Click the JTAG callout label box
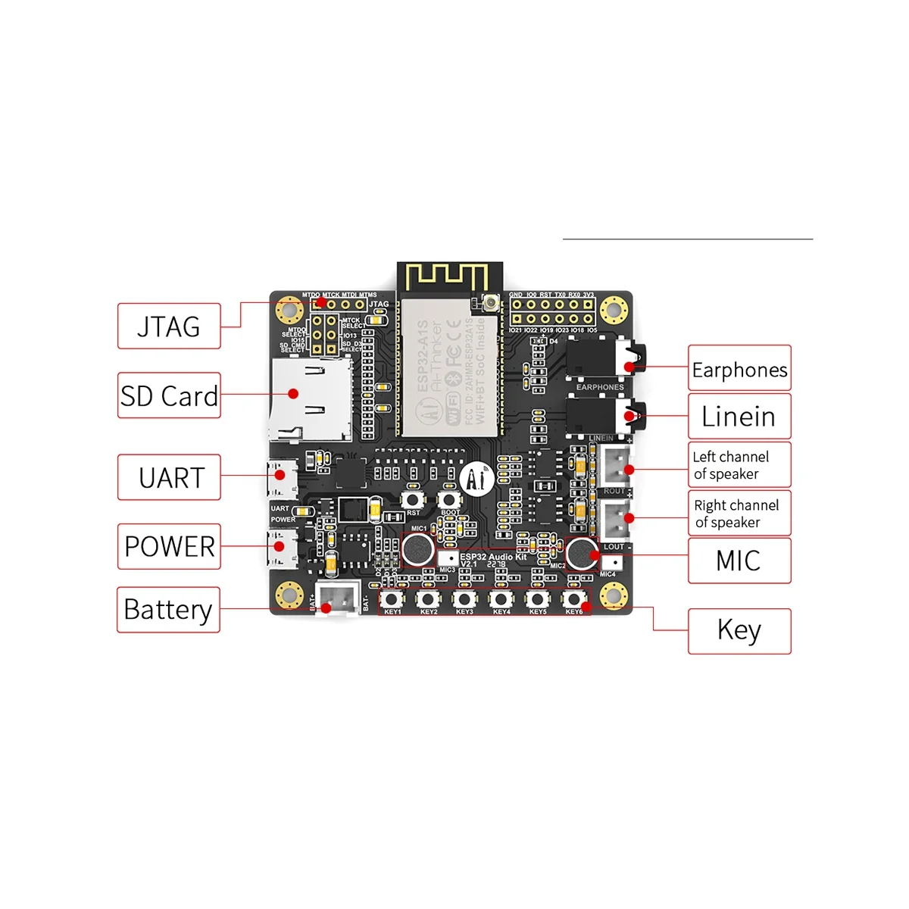169,326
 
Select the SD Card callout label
169,395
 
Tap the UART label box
169,477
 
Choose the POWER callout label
169,546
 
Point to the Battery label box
168,609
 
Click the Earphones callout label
739,369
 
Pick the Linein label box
739,416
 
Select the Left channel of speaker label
739,465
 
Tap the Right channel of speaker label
739,514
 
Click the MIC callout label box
739,561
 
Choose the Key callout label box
739,630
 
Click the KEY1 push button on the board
392,599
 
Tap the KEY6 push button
573,599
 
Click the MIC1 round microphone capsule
417,548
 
